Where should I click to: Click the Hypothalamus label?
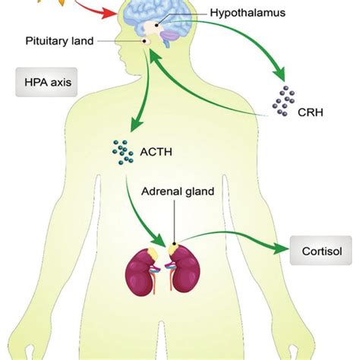click(x=248, y=13)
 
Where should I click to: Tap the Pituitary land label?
click(x=59, y=41)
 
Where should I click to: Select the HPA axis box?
click(x=46, y=82)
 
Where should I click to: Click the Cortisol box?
click(x=321, y=251)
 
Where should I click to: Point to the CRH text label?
click(x=311, y=112)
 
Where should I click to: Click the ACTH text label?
click(x=156, y=152)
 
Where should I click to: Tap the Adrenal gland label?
click(x=178, y=191)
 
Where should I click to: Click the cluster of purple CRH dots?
click(x=284, y=101)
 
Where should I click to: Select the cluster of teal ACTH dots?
click(x=123, y=152)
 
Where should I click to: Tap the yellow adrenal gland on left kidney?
click(x=153, y=253)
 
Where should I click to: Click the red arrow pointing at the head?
click(x=97, y=9)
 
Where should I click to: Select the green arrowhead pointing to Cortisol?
click(x=280, y=249)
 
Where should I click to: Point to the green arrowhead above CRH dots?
click(x=279, y=74)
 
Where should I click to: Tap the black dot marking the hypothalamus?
click(x=156, y=25)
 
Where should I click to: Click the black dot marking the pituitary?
click(x=145, y=41)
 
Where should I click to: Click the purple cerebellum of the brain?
click(x=171, y=36)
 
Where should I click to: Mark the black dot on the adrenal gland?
click(x=174, y=244)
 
